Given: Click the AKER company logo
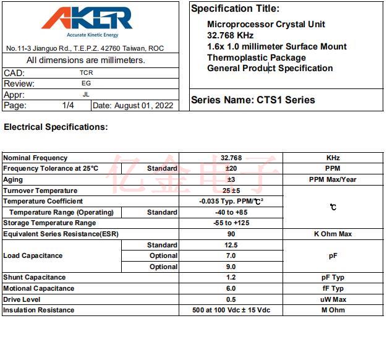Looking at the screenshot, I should pyautogui.click(x=87, y=20).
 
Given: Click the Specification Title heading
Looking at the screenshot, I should pyautogui.click(x=235, y=9).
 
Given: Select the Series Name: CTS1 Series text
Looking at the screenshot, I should pyautogui.click(x=253, y=100).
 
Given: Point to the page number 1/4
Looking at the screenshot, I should pyautogui.click(x=68, y=106).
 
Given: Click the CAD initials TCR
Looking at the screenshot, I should pyautogui.click(x=86, y=72).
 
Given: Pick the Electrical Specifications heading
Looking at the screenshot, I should pyautogui.click(x=56, y=127).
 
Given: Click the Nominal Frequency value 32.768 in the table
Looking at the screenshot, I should pyautogui.click(x=231, y=158).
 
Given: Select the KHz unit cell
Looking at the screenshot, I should pyautogui.click(x=333, y=158).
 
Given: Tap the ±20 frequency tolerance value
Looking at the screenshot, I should pyautogui.click(x=231, y=168).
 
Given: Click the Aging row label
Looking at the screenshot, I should pyautogui.click(x=13, y=179).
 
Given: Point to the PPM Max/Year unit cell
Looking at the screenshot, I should pyautogui.click(x=333, y=179).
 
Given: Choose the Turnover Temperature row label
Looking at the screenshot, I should pyautogui.click(x=40, y=191).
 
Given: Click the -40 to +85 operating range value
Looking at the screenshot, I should pyautogui.click(x=231, y=212).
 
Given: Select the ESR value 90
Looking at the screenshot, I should pyautogui.click(x=231, y=234).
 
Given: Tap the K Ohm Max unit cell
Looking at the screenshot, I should pyautogui.click(x=333, y=234).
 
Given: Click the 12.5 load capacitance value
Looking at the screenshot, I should pyautogui.click(x=231, y=245).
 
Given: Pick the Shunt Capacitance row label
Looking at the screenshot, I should pyautogui.click(x=35, y=277).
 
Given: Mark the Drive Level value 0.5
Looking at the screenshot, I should pyautogui.click(x=231, y=299).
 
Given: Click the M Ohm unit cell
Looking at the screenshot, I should pyautogui.click(x=333, y=310).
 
